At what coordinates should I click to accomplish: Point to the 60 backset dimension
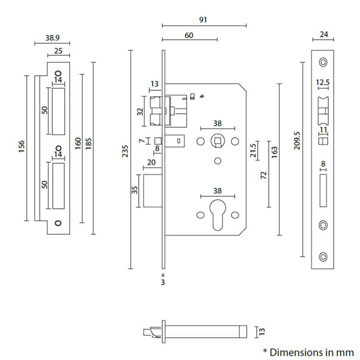[x=189, y=35]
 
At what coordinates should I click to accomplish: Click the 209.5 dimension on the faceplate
[x=297, y=141]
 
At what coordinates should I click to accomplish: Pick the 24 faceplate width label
[x=323, y=34]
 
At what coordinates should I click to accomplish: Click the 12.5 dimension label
[x=323, y=83]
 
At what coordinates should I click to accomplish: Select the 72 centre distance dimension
[x=263, y=175]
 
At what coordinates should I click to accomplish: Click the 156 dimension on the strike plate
[x=22, y=146]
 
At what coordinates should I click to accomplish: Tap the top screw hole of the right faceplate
[x=323, y=62]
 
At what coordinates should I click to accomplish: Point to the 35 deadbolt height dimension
[x=135, y=191]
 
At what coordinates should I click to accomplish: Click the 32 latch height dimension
[x=140, y=111]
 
